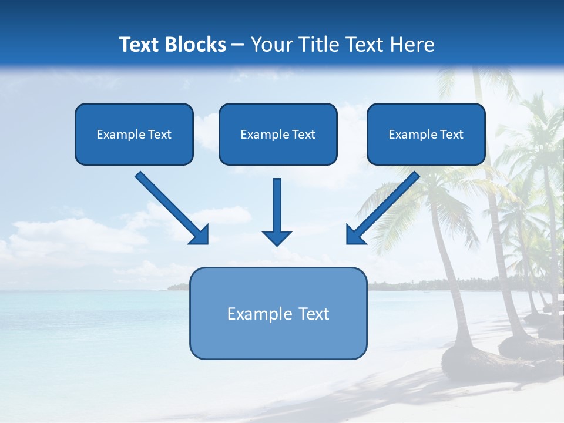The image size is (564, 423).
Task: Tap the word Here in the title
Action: pos(413,45)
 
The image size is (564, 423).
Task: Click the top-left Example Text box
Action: pos(134,134)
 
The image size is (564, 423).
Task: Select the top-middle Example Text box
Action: pos(278,134)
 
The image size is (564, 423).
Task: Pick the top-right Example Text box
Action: pos(426,134)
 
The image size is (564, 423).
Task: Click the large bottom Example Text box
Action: pos(278,313)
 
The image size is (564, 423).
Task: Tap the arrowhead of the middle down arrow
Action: pos(277,238)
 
